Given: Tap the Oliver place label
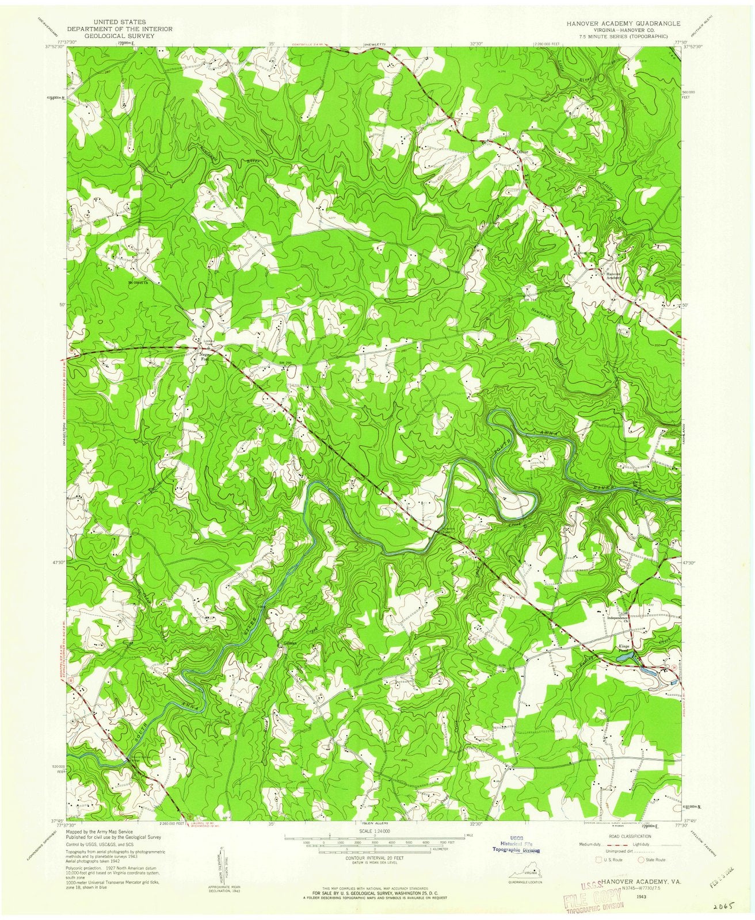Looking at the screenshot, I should click(x=523, y=151).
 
